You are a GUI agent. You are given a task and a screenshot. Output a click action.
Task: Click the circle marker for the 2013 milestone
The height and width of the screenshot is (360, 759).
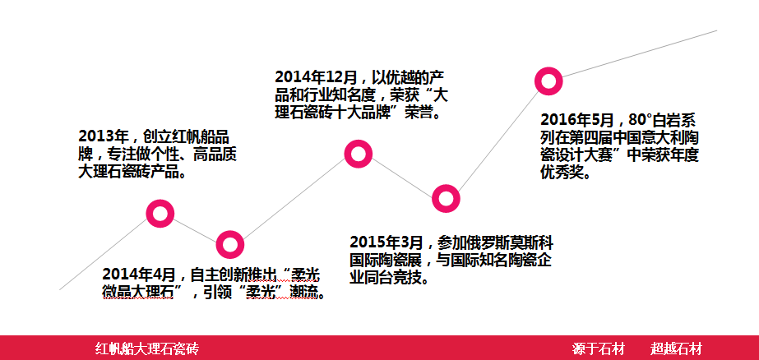pos(160,204)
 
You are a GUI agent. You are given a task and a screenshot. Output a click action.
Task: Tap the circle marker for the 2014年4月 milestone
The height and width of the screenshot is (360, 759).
pos(230,234)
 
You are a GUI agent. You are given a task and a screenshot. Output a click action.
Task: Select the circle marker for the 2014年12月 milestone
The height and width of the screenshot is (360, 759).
pos(359,144)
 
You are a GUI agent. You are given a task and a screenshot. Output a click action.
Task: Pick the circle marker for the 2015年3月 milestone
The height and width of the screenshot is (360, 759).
pos(446,189)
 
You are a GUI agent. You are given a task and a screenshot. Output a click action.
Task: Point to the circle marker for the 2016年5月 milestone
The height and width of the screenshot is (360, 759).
pos(548,72)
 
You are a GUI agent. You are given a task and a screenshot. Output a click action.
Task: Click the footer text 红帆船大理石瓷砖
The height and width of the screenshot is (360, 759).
pos(147,348)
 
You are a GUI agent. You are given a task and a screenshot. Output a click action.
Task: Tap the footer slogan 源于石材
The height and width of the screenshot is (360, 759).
pos(599,348)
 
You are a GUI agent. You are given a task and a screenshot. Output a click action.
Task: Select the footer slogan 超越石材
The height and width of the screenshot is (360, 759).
pos(676,348)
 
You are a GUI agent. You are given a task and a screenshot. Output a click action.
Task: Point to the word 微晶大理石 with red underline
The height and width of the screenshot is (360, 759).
pos(138,293)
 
